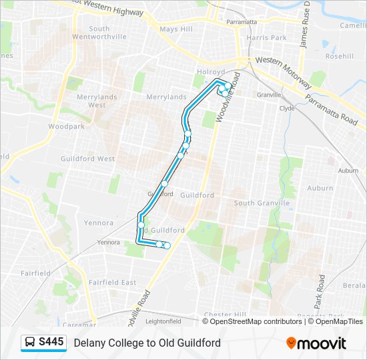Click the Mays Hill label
point(176,29)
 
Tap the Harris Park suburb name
point(266,38)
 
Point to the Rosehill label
point(339,57)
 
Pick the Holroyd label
point(208,71)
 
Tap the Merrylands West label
point(97,101)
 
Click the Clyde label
point(287,108)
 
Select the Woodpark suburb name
point(66,126)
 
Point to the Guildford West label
point(87,159)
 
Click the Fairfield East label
point(112,283)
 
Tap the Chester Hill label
point(226,315)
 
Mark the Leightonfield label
point(163,321)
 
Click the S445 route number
point(51,343)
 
